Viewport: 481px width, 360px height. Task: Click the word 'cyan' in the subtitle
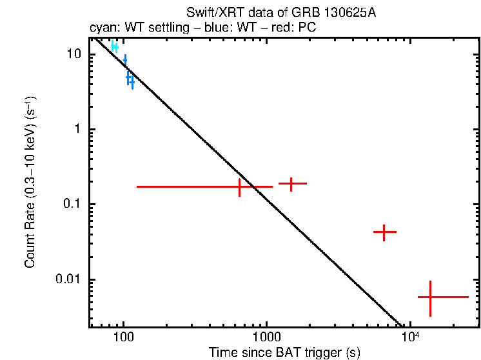[101, 29]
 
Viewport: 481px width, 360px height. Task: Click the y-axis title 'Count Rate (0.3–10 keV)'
[30, 183]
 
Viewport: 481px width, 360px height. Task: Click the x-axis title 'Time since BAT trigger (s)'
[284, 352]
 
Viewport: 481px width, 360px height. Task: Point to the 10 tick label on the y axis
[76, 54]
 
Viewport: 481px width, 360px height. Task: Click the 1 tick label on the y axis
[80, 129]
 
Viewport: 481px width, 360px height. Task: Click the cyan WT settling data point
[115, 46]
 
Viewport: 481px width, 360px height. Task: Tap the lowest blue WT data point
[132, 83]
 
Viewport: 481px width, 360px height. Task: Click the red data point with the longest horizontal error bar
[240, 186]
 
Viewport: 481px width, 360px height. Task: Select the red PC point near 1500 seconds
[291, 184]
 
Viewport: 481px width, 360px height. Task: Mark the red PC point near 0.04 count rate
[384, 232]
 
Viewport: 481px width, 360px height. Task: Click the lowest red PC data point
[430, 297]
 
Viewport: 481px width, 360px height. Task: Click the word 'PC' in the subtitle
[307, 29]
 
